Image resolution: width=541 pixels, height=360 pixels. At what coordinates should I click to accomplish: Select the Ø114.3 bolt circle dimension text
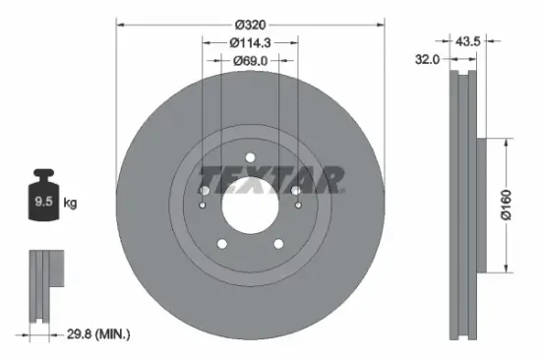click(250, 41)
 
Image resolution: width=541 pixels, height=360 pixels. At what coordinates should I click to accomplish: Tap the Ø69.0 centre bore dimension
click(250, 61)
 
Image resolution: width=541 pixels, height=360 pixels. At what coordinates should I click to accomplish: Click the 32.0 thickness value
click(427, 58)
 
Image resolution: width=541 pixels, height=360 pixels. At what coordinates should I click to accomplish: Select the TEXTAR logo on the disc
click(270, 178)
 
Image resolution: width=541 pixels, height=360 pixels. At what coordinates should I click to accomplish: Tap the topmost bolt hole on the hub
click(250, 157)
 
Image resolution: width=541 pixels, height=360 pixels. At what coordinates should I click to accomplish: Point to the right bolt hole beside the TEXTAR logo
click(295, 191)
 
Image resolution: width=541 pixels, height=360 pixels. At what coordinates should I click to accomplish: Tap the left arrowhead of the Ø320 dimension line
click(120, 23)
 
